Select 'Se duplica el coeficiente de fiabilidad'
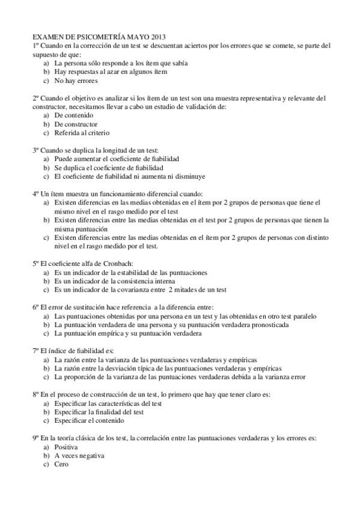tap(108, 168)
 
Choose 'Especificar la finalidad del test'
tap(99, 413)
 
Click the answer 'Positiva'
tap(66, 447)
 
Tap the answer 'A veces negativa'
tap(79, 456)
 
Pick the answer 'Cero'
tap(61, 464)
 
